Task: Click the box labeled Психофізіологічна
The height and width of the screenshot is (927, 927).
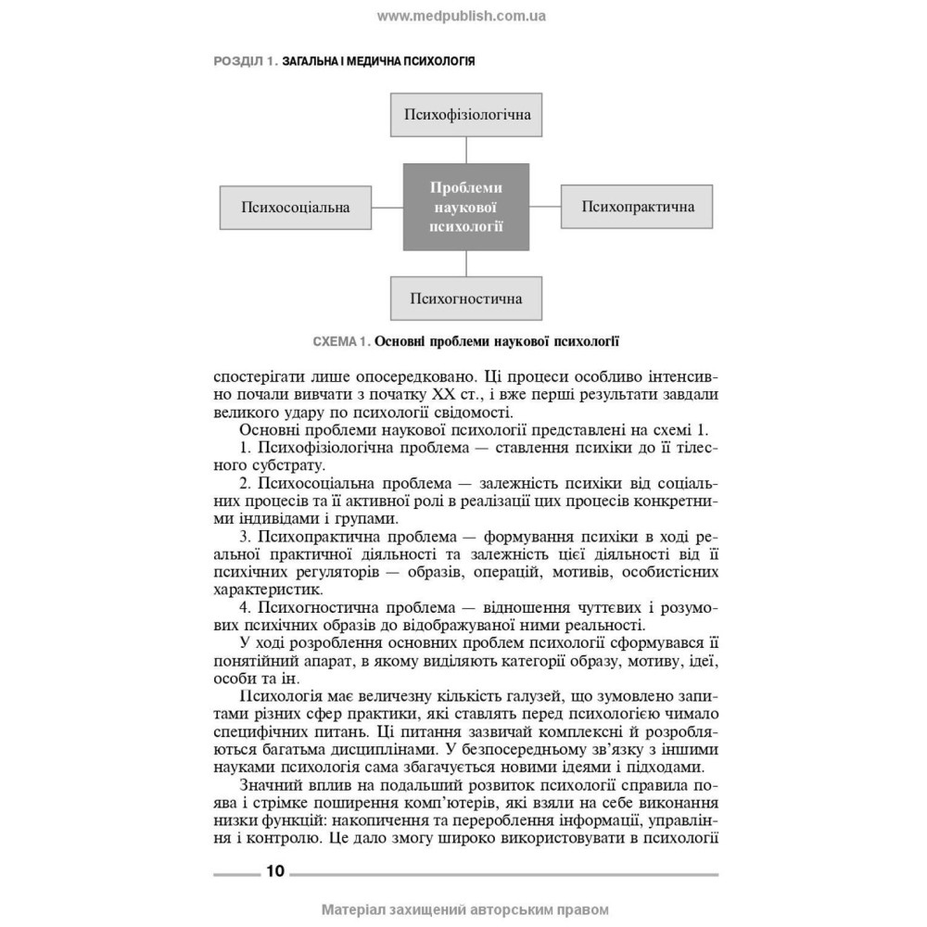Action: coord(466,115)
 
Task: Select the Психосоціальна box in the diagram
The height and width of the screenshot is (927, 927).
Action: coord(295,207)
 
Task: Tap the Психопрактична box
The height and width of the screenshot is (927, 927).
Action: coord(638,207)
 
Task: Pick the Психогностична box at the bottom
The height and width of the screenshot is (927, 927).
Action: coord(466,298)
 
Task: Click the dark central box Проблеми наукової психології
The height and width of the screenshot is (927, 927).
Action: coord(466,207)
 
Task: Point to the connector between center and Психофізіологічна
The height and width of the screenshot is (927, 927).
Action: coord(466,150)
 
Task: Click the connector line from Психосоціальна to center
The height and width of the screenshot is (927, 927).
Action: coord(387,207)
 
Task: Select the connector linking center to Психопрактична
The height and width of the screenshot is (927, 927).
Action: coord(545,207)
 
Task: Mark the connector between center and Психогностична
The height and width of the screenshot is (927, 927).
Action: coord(466,263)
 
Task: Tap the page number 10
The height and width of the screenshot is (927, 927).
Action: coord(275,871)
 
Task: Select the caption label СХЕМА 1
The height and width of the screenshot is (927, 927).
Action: coord(341,341)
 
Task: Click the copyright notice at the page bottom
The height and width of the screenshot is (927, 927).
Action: coord(464,909)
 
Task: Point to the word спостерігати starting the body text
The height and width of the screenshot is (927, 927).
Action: coord(260,377)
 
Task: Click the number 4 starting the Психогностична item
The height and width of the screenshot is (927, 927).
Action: coord(244,607)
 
